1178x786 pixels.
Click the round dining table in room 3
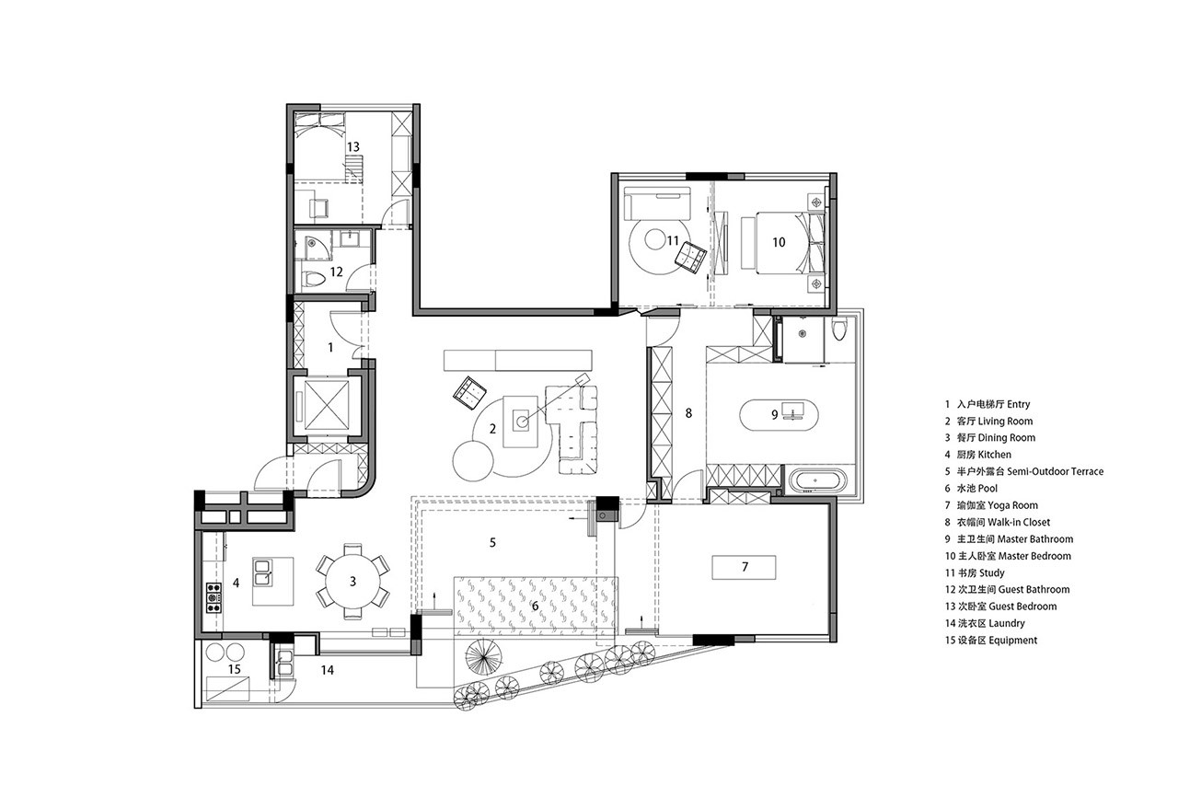point(352,582)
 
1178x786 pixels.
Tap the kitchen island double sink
point(263,572)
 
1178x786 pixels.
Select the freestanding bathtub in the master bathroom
point(817,480)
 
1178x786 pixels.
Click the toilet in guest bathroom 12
point(314,278)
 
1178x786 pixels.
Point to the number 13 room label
point(352,146)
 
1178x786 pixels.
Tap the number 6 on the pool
point(535,606)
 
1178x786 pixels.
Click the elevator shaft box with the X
point(326,404)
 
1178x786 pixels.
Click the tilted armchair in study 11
point(690,258)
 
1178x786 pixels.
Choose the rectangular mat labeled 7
point(744,567)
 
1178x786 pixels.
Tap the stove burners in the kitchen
point(213,597)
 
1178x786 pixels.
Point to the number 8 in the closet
point(688,413)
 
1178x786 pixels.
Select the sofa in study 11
point(657,203)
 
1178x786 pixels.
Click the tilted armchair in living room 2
point(469,392)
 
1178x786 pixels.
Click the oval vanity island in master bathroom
point(779,415)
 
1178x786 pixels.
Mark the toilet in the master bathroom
point(839,328)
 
